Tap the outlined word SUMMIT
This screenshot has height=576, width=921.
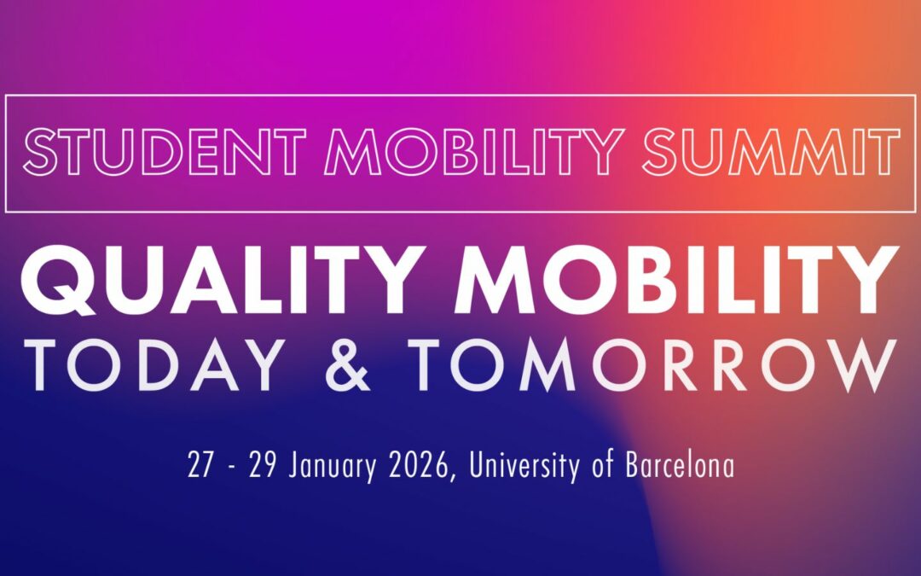[x=771, y=152]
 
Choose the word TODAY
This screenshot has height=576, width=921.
[x=154, y=366]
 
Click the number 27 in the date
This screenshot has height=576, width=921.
[x=200, y=466]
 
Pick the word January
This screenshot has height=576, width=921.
[x=327, y=467]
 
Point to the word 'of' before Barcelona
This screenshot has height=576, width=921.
[x=605, y=466]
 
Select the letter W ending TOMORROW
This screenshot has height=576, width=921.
[x=858, y=366]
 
